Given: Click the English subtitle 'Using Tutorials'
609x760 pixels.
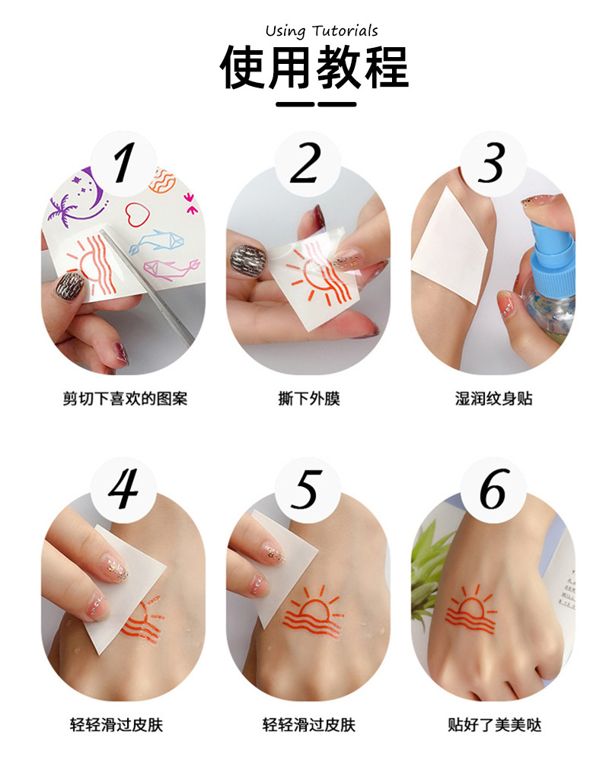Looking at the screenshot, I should (321, 31).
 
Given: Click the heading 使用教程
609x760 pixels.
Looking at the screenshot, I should (314, 68).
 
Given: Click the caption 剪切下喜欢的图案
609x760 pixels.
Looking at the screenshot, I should (124, 399).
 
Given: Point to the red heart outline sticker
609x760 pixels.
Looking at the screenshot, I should (139, 212).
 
